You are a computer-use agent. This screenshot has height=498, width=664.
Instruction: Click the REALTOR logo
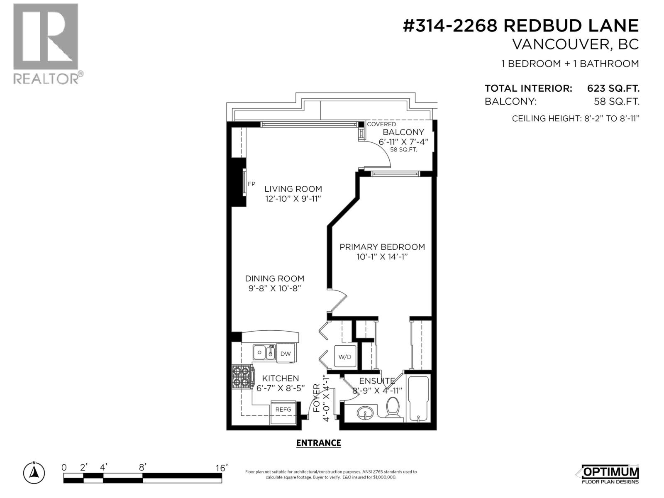[x=46, y=44]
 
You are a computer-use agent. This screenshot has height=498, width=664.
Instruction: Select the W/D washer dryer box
[x=345, y=356]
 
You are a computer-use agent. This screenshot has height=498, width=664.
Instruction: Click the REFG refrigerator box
[x=283, y=409]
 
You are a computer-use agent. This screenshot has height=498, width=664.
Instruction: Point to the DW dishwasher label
[x=286, y=354]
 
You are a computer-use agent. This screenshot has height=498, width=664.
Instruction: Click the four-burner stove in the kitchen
[x=242, y=377]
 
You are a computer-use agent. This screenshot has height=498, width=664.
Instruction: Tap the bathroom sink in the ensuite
[x=366, y=413]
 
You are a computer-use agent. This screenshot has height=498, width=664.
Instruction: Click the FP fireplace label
[x=251, y=184]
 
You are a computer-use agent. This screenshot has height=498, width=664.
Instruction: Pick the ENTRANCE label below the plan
[x=318, y=443]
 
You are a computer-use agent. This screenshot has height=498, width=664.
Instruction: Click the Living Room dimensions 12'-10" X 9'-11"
[x=293, y=199]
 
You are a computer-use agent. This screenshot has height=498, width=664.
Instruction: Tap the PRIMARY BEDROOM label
[x=382, y=247]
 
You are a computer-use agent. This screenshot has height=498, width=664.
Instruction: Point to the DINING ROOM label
[x=274, y=278]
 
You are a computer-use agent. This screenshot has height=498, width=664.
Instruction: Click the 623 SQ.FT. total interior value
[x=613, y=88]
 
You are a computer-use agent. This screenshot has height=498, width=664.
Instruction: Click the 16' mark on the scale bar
[x=222, y=468]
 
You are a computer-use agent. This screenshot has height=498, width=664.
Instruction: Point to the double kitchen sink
[x=264, y=352]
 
